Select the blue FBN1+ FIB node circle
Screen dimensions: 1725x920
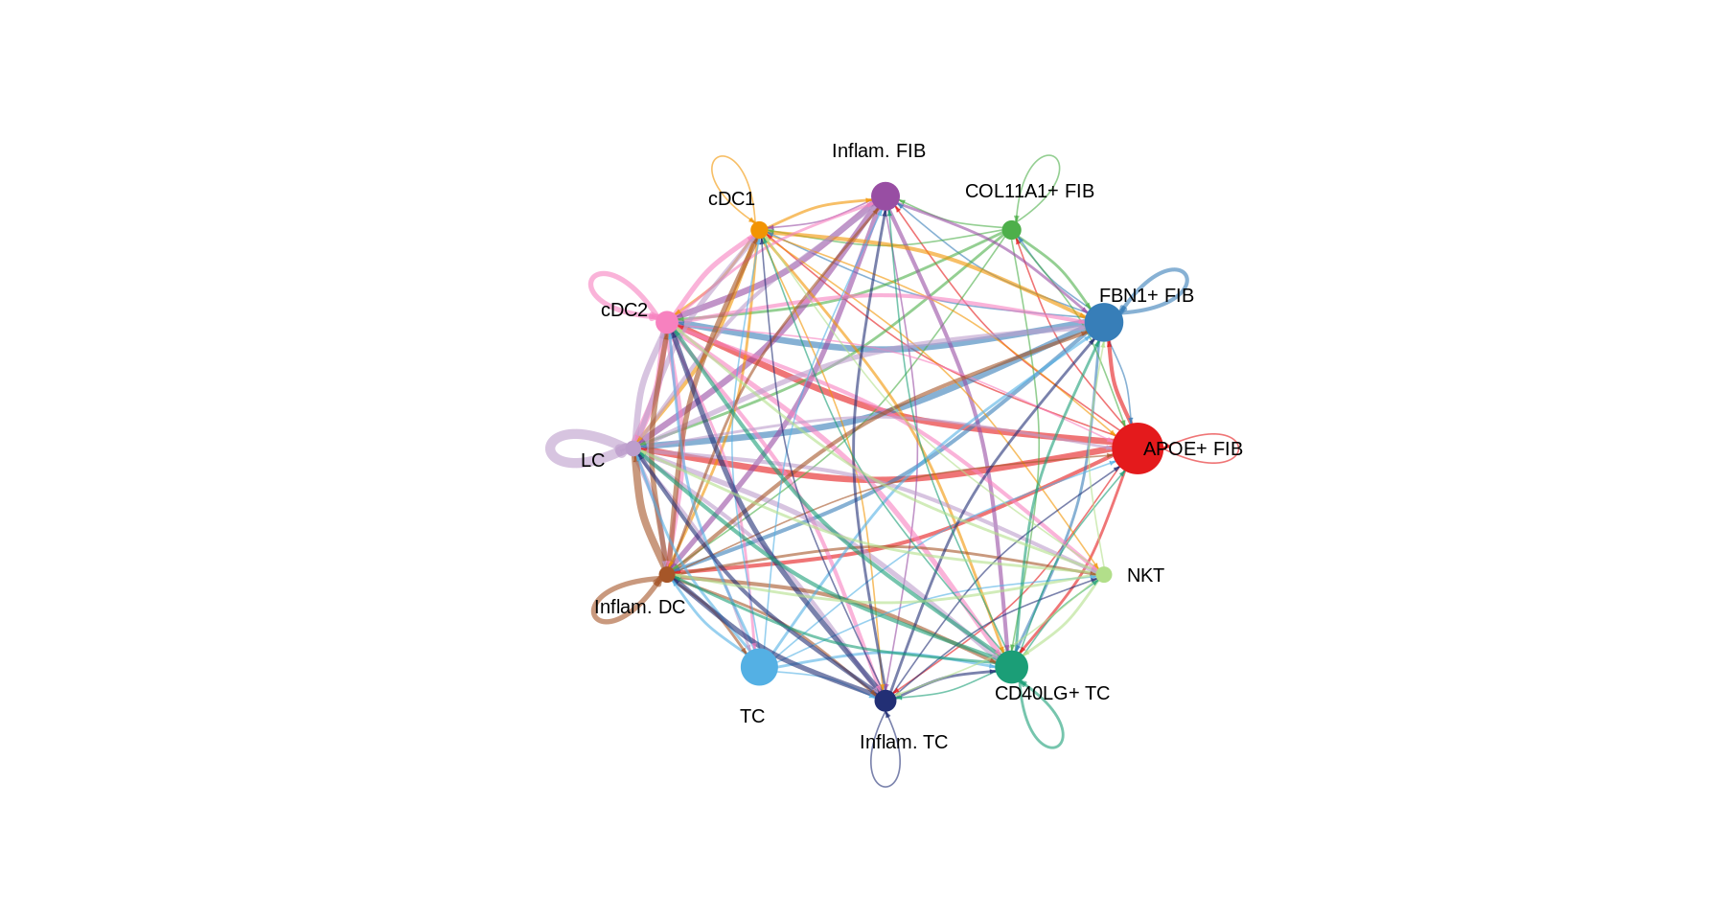tap(1103, 322)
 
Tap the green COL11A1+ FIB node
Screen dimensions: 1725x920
tap(1011, 230)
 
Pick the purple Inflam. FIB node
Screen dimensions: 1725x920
tap(885, 196)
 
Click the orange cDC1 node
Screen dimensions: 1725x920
tap(759, 230)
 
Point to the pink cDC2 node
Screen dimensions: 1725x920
tap(667, 322)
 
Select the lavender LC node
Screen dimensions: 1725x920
tap(632, 448)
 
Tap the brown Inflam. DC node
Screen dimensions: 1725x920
tap(667, 574)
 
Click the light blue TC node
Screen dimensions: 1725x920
tap(759, 667)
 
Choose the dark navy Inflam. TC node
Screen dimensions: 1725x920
tap(885, 701)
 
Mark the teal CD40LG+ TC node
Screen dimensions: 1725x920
tap(1011, 667)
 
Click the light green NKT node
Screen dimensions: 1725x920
tap(1103, 574)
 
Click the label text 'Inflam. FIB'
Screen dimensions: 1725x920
tap(878, 151)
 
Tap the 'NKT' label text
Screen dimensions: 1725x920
tap(1145, 576)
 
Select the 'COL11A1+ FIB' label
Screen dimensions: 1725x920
tap(1029, 192)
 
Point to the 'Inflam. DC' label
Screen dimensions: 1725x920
tap(639, 608)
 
